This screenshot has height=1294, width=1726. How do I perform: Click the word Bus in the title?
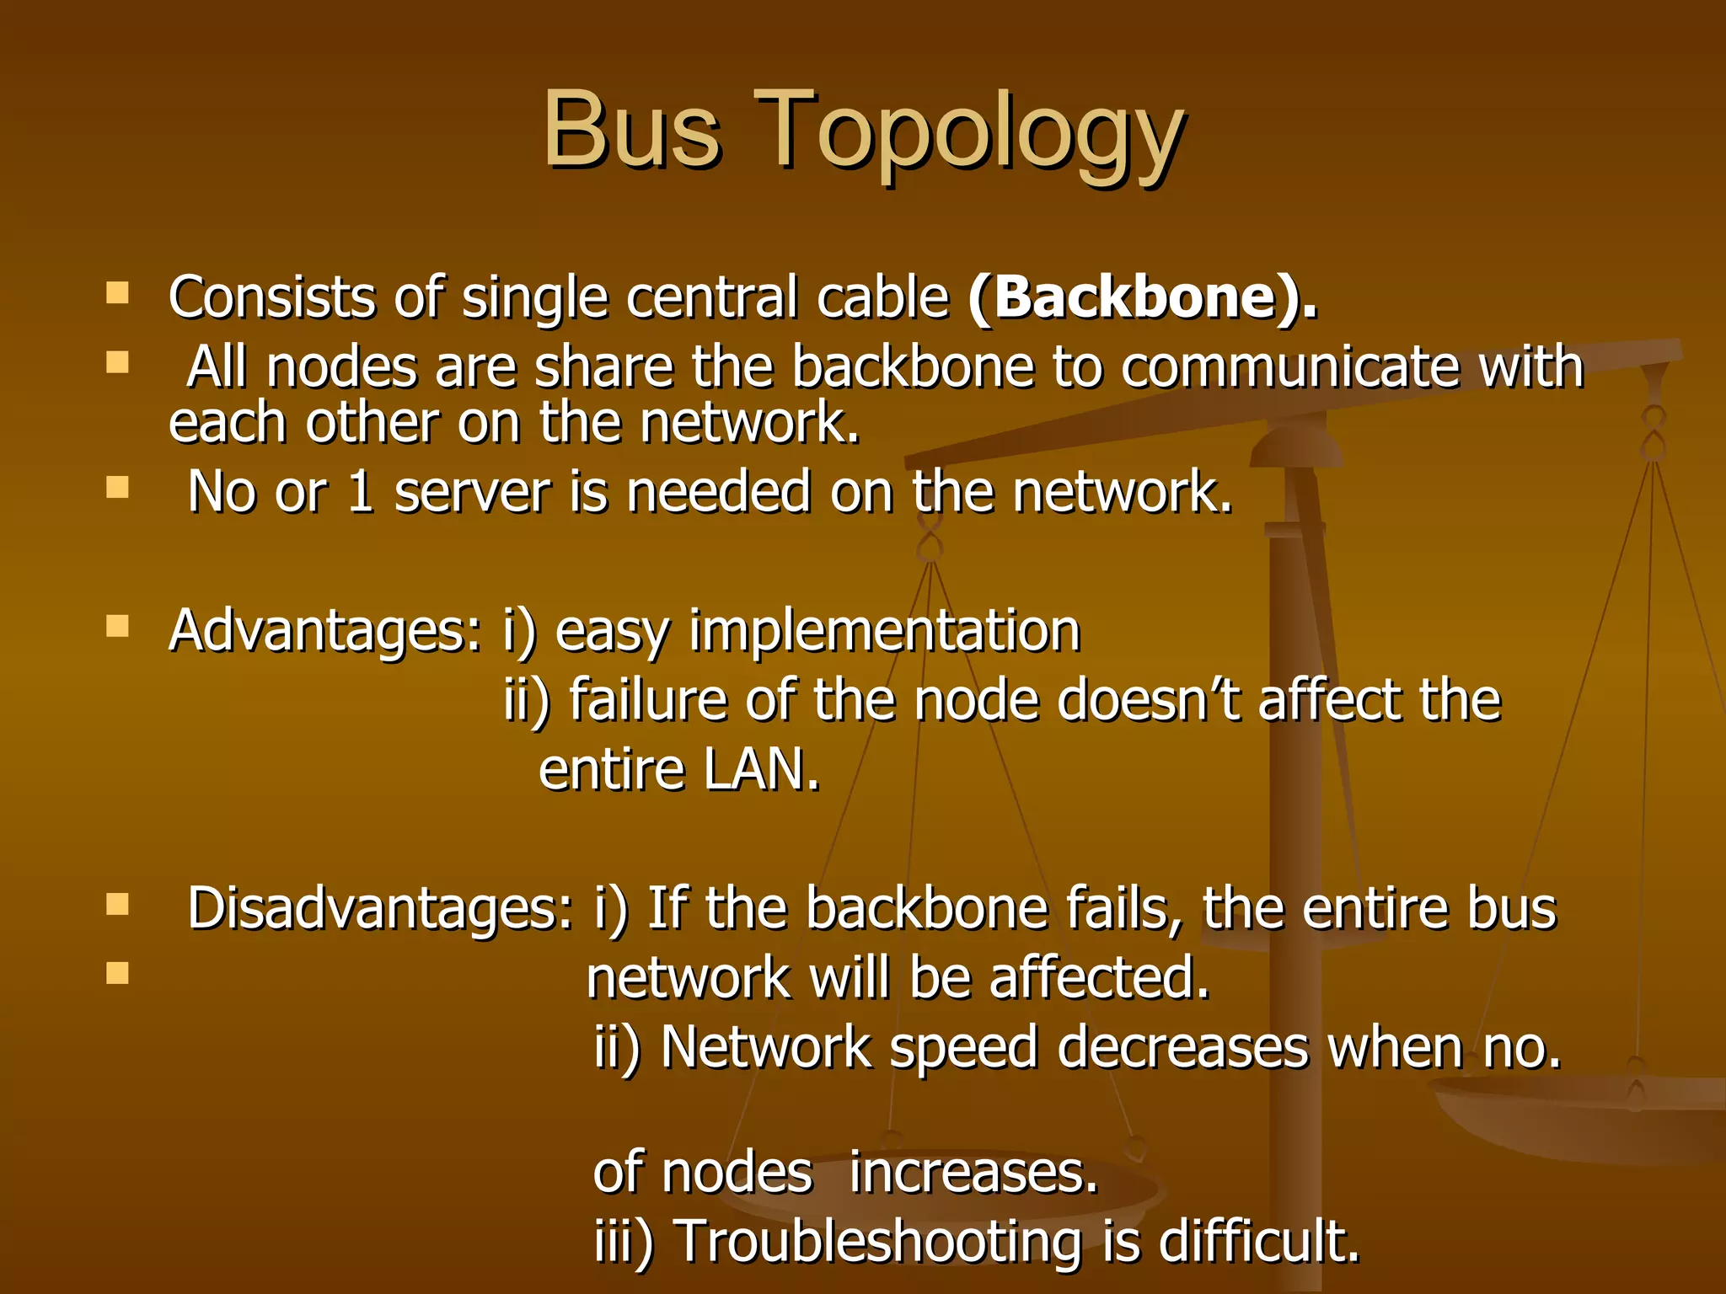[632, 131]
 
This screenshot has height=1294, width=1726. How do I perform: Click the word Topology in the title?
[969, 135]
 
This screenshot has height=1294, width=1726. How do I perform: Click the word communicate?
[1289, 367]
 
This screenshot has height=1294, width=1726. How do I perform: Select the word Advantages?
[325, 632]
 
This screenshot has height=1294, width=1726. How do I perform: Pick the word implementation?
[885, 632]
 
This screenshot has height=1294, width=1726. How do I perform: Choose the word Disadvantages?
[379, 909]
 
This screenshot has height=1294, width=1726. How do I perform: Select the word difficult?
[1260, 1243]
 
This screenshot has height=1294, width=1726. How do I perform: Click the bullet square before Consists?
[118, 293]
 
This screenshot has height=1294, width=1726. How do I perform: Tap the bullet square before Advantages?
[118, 626]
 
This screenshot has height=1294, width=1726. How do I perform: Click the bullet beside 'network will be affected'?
[118, 973]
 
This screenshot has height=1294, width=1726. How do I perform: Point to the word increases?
[973, 1173]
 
